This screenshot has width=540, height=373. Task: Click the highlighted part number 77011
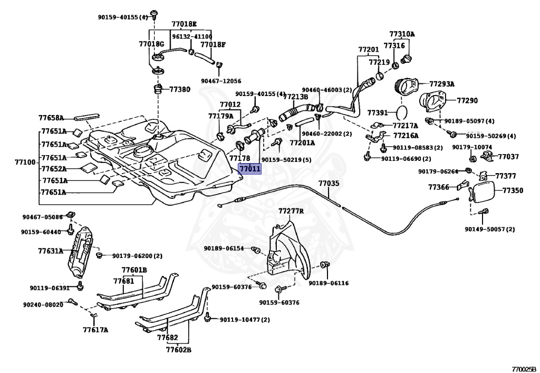250,169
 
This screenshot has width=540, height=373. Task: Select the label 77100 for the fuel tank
25,162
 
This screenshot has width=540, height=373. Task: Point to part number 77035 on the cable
329,183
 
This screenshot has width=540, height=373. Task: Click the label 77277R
291,211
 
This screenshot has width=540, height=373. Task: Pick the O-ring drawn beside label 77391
401,112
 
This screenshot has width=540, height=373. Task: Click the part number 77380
179,89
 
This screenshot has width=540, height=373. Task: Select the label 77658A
51,118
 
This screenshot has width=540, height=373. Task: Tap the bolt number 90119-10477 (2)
245,320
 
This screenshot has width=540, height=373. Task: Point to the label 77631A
51,251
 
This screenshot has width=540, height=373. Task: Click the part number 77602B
179,350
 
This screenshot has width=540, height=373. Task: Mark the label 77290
467,101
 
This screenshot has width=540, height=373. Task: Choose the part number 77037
508,157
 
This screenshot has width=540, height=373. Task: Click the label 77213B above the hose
295,97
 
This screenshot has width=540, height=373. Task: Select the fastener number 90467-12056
221,81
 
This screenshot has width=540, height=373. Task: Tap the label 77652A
54,169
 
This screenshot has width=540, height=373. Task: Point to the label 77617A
95,330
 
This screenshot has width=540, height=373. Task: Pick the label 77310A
402,34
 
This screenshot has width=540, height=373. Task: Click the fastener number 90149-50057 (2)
490,229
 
